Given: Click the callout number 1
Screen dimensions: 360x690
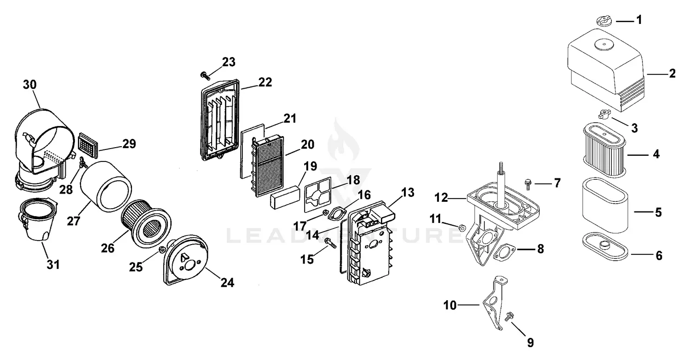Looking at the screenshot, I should (639, 20).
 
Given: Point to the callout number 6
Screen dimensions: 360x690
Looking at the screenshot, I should (659, 256).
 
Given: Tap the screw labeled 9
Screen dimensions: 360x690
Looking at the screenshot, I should (510, 317).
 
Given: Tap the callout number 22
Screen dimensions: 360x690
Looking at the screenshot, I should (265, 82).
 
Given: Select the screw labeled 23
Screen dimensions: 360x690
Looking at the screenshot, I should (204, 75).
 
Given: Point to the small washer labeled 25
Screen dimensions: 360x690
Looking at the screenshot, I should (161, 249).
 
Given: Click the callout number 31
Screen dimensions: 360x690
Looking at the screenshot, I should (54, 265).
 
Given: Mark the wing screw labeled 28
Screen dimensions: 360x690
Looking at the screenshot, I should (83, 163).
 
